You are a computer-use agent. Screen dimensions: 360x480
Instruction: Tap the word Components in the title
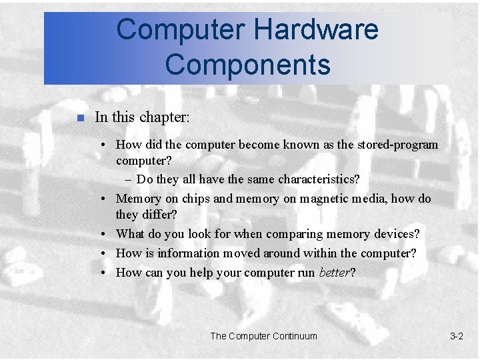pyautogui.click(x=247, y=65)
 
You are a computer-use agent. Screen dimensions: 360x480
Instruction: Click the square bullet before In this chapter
pyautogui.click(x=79, y=119)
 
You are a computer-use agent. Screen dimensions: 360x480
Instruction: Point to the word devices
pyautogui.click(x=395, y=234)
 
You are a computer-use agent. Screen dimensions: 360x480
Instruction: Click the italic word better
pyautogui.click(x=335, y=273)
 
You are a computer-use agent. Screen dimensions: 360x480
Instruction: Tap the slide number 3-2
pyautogui.click(x=457, y=336)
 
